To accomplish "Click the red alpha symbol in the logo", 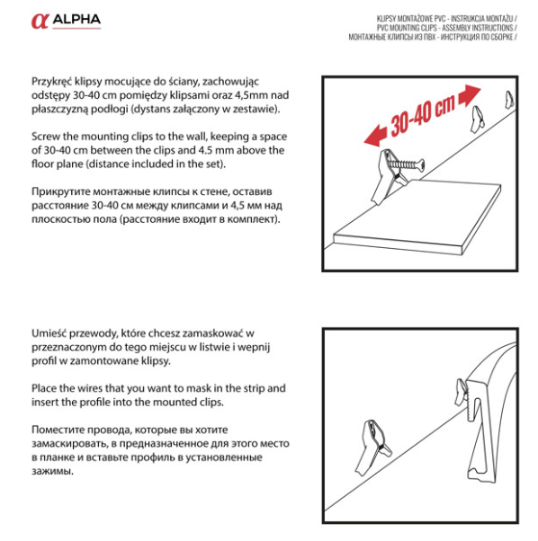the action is [40, 21].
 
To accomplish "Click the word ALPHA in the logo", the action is [76, 20].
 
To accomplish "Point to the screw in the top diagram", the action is [406, 164].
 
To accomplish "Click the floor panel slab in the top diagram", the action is [417, 217].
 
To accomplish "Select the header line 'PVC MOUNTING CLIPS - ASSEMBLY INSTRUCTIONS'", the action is [445, 28].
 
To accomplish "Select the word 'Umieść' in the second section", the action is [49, 333].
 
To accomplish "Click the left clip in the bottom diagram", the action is [373, 448].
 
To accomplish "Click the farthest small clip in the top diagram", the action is [509, 100].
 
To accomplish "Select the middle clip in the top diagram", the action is [478, 120].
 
